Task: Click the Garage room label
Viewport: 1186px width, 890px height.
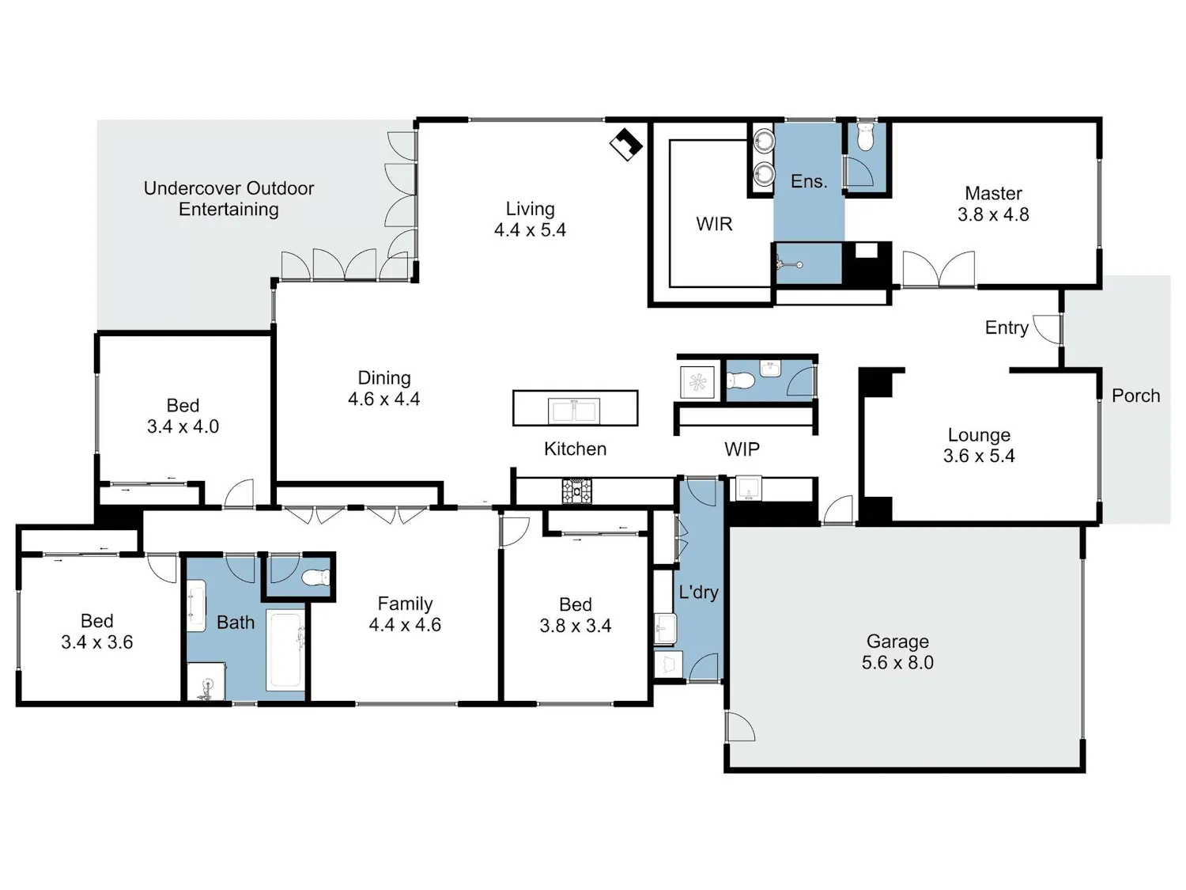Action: tap(897, 641)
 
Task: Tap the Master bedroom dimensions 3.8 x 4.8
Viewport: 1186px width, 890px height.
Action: tap(993, 214)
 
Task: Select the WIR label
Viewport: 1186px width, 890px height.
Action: tap(714, 224)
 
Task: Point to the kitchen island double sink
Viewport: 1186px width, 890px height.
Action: tap(574, 411)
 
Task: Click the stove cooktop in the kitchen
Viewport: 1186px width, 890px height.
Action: tap(576, 490)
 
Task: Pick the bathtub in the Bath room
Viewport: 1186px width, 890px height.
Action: tap(285, 650)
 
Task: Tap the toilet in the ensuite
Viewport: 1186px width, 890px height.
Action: tap(865, 137)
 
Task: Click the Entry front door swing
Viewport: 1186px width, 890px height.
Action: tap(1047, 329)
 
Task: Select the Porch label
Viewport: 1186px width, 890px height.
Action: tap(1135, 396)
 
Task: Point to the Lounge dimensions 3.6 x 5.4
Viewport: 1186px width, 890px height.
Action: tap(979, 456)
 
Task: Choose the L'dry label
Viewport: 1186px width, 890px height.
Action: tap(698, 593)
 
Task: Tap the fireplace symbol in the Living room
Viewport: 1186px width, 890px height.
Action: tap(626, 144)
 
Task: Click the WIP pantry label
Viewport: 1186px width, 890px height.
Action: tap(742, 449)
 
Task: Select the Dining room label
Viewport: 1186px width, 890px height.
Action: tap(384, 377)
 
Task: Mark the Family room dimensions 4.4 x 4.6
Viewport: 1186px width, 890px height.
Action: tap(405, 625)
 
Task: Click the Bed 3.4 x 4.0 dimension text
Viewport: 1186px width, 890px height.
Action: tap(183, 426)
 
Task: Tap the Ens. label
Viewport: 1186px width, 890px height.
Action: tap(809, 181)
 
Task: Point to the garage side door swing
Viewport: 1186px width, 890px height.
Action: tap(740, 726)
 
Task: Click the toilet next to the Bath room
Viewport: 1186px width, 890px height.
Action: tap(315, 578)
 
